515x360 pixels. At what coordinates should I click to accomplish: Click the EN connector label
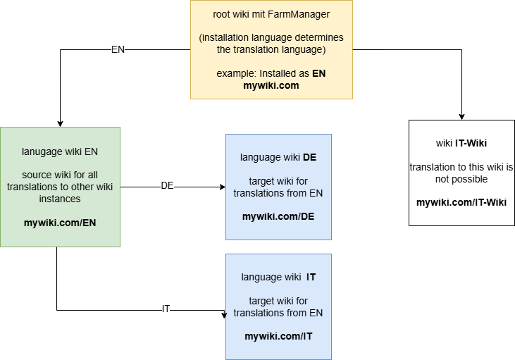click(118, 50)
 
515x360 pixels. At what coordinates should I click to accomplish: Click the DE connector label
click(167, 186)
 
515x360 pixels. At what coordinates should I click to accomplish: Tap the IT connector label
click(166, 309)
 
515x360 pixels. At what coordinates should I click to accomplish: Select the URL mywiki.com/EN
click(60, 223)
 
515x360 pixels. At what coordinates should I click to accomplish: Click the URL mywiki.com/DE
click(278, 216)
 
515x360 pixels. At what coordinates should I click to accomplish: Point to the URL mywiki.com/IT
click(278, 336)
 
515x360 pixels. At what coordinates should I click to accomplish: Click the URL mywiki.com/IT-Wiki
click(461, 202)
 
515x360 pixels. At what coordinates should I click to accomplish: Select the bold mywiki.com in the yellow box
click(271, 85)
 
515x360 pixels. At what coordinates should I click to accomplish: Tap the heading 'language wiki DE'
click(278, 157)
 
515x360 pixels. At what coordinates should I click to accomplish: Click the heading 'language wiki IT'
click(278, 277)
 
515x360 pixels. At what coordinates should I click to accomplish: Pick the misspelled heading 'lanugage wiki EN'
click(60, 151)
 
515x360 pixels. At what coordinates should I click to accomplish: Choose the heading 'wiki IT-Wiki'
click(461, 143)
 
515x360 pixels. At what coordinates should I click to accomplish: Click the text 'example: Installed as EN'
click(271, 73)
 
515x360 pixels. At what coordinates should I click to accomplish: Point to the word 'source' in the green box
click(37, 175)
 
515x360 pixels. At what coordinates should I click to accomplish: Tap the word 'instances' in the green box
click(60, 199)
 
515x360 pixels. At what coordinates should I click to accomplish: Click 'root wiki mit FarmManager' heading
click(271, 14)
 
